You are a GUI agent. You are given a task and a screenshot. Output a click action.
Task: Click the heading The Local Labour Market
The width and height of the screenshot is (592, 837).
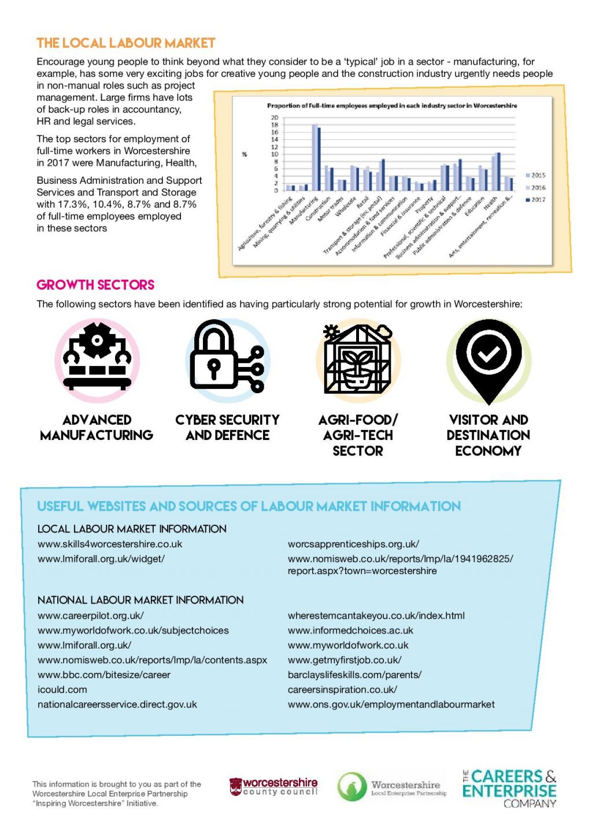125,43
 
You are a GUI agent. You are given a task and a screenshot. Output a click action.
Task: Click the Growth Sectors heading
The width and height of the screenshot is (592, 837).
95,284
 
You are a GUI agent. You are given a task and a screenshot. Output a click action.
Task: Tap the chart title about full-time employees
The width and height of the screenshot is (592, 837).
391,106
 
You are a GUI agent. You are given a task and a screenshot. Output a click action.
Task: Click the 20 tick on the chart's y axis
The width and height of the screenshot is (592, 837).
275,118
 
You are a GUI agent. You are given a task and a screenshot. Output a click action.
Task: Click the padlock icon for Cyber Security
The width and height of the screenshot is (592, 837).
214,357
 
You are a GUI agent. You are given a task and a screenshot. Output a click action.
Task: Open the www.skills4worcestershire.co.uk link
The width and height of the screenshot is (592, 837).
110,544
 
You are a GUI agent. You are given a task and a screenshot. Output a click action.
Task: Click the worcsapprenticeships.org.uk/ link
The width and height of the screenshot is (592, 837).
353,544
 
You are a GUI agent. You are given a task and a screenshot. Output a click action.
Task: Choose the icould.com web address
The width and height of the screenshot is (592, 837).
62,690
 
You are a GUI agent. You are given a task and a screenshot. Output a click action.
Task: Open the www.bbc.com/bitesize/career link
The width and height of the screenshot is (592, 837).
104,675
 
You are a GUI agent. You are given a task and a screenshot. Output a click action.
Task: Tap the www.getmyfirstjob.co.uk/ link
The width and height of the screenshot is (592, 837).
345,660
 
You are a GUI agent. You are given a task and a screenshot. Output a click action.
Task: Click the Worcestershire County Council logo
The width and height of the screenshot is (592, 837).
273,787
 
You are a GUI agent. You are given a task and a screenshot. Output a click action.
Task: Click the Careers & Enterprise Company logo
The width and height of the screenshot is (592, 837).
509,788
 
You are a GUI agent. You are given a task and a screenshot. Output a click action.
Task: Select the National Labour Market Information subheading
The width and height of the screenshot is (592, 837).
140,600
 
